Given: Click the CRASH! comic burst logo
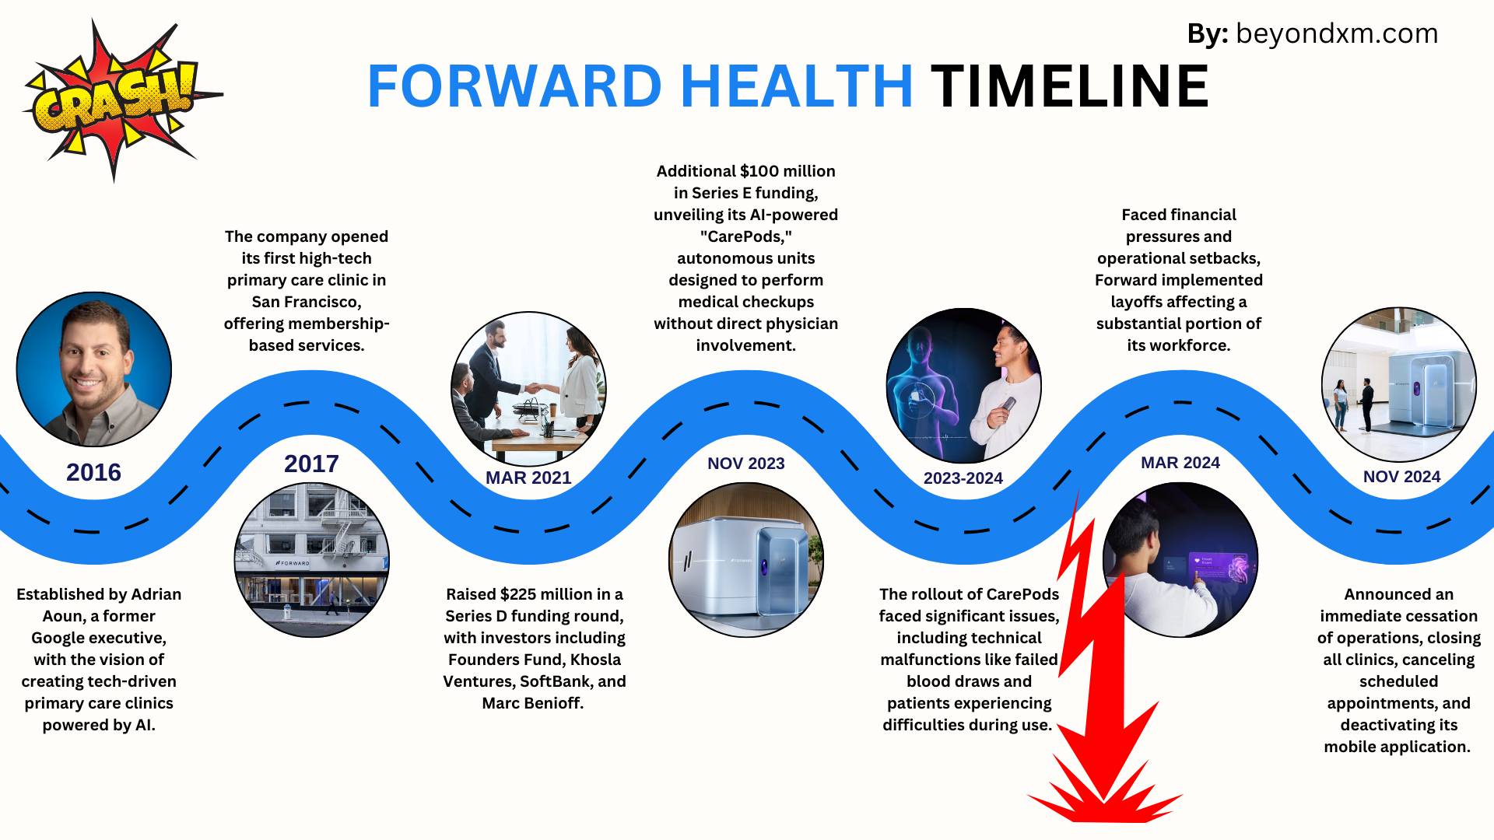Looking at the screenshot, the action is [x=117, y=100].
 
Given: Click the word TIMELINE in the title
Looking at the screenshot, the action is [x=1070, y=86].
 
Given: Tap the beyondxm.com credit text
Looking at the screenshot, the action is [x=1336, y=33].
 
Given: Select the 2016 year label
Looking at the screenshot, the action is [x=93, y=472].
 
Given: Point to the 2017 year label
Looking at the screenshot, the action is [x=311, y=464].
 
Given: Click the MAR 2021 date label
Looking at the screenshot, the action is [x=528, y=478].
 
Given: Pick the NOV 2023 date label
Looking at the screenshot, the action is [x=746, y=464].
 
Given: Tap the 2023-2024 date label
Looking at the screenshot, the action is [x=963, y=478].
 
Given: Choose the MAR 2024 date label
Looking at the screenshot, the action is [x=1180, y=463].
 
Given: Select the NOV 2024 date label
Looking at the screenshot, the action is [x=1401, y=477].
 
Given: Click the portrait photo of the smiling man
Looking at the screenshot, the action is [x=94, y=369].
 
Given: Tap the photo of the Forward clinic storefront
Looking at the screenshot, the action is [x=312, y=560].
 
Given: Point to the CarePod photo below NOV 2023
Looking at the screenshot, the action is [x=746, y=560].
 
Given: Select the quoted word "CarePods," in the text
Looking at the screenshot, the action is [x=746, y=236].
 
